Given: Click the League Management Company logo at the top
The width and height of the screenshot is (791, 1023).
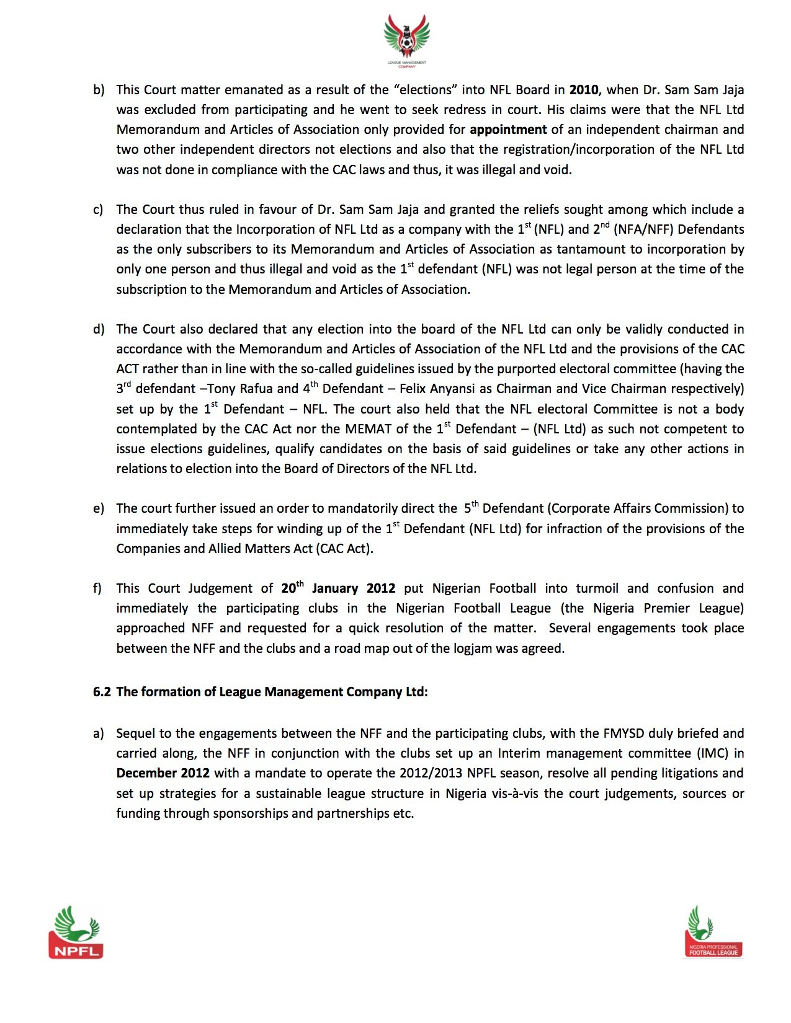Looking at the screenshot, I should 406,40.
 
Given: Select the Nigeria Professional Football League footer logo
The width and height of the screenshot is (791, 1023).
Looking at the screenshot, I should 713,931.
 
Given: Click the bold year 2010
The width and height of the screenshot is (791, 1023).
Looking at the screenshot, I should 584,90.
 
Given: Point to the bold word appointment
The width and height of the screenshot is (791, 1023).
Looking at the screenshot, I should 508,130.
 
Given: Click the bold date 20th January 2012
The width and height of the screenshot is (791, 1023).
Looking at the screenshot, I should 337,588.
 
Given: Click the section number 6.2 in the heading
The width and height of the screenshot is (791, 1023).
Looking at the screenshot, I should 102,692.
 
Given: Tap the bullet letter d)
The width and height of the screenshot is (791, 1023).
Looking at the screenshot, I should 99,329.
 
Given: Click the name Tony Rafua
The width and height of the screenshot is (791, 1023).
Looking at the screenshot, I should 239,389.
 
